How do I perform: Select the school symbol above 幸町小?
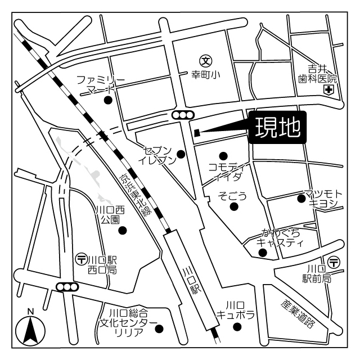click(206, 60)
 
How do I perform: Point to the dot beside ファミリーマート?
click(109, 100)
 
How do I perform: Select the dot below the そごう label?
click(233, 206)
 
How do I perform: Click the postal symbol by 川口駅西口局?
click(81, 259)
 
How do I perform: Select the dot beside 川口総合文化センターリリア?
click(159, 328)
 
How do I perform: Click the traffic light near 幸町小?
click(182, 115)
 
